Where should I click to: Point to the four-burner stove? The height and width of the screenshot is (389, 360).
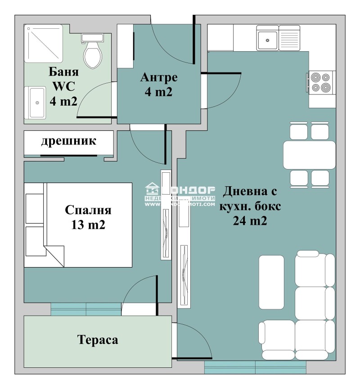pyautogui.click(x=321, y=82)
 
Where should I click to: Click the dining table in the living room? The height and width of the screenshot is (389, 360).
pyautogui.click(x=309, y=155)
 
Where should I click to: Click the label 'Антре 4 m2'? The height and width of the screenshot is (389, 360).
pyautogui.click(x=159, y=85)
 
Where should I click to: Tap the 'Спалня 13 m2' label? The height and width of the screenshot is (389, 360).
pyautogui.click(x=88, y=217)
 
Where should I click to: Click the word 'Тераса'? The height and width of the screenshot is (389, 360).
pyautogui.click(x=97, y=340)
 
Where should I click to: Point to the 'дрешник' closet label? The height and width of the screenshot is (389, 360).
pyautogui.click(x=69, y=141)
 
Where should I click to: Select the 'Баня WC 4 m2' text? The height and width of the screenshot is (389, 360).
pyautogui.click(x=63, y=86)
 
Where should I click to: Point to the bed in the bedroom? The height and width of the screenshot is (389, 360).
pyautogui.click(x=78, y=225)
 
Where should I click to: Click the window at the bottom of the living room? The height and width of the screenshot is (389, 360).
pyautogui.click(x=255, y=367)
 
